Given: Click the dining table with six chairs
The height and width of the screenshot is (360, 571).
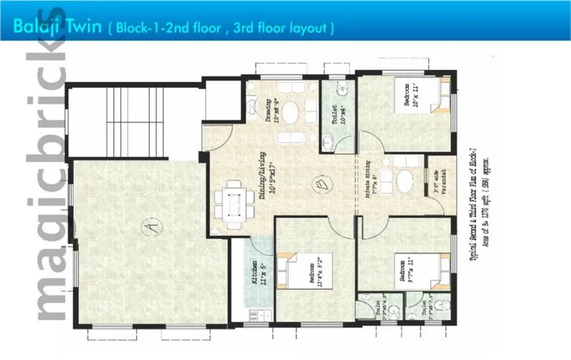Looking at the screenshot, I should (232, 204).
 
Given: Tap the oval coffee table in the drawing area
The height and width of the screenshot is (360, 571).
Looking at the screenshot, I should (292, 113).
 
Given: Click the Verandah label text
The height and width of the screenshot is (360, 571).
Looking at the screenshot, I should (437, 182).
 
